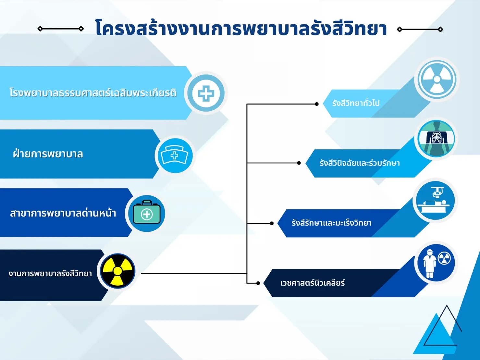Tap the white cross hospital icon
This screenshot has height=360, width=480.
pyautogui.click(x=206, y=93)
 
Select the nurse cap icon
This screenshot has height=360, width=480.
pyautogui.click(x=175, y=155)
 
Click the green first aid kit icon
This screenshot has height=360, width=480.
pyautogui.click(x=146, y=212)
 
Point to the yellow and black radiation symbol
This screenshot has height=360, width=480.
pyautogui.click(x=118, y=271)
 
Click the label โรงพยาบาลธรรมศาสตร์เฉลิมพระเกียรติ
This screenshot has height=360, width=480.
pyautogui.click(x=93, y=93)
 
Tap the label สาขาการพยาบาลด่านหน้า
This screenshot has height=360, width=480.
pyautogui.click(x=63, y=213)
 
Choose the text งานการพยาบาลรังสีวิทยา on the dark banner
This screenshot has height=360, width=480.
pyautogui.click(x=50, y=273)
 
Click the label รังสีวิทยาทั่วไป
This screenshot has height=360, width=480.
pyautogui.click(x=356, y=103)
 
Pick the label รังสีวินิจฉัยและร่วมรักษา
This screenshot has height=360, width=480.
pyautogui.click(x=360, y=163)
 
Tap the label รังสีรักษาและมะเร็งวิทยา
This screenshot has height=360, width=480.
pyautogui.click(x=331, y=223)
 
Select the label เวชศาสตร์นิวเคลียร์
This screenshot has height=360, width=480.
pyautogui.click(x=313, y=283)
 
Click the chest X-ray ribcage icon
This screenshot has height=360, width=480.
pyautogui.click(x=436, y=138)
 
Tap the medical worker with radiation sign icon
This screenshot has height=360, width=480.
pyautogui.click(x=436, y=263)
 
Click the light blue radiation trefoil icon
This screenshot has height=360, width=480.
pyautogui.click(x=437, y=79)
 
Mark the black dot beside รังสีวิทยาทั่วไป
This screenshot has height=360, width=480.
pyautogui.click(x=317, y=104)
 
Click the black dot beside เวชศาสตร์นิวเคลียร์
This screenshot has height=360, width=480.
pyautogui.click(x=258, y=283)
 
